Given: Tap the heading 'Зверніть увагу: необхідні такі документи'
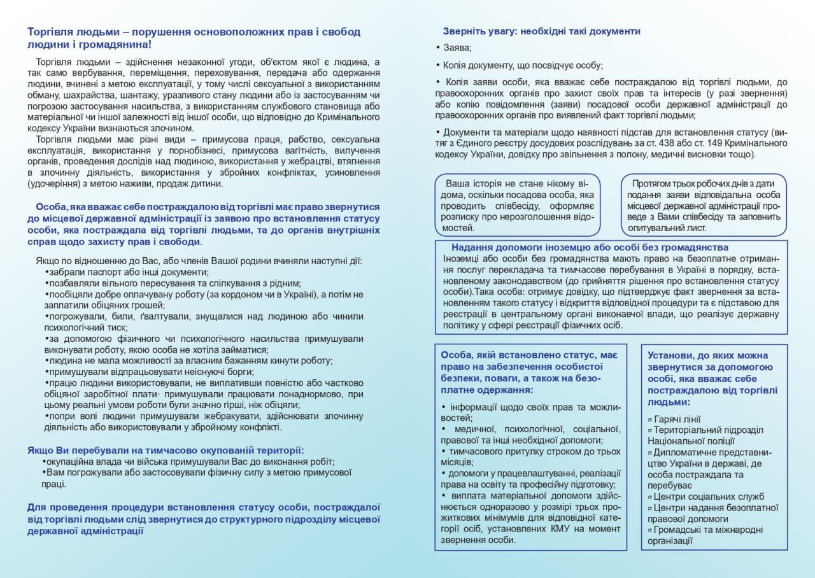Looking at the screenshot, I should click(x=541, y=31).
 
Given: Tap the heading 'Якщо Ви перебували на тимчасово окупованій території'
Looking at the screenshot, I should click(x=165, y=450).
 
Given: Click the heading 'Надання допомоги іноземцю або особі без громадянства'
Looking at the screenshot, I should click(x=590, y=247).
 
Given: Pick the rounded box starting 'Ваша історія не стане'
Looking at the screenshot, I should click(x=518, y=205).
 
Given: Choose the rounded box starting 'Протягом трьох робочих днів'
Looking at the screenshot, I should click(x=703, y=205).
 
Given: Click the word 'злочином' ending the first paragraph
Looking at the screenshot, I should click(x=174, y=128).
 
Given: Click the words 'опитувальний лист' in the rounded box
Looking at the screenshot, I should click(x=667, y=227).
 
